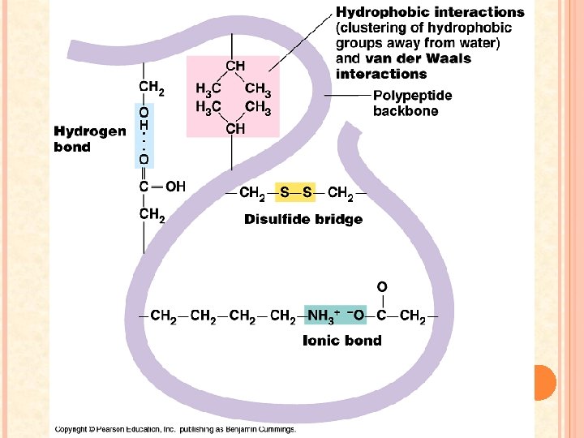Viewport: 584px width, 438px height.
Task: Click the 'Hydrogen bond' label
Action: pyautogui.click(x=89, y=139)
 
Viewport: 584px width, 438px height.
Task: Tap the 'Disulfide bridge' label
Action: pyautogui.click(x=303, y=220)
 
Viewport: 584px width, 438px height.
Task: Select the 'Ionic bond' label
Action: pyautogui.click(x=341, y=341)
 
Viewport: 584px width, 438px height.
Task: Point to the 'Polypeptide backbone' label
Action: pyautogui.click(x=412, y=103)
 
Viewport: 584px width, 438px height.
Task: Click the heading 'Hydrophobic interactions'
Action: pyautogui.click(x=430, y=12)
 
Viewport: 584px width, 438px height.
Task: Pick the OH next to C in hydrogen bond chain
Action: pyautogui.click(x=175, y=187)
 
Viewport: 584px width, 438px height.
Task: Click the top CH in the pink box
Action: pyautogui.click(x=235, y=66)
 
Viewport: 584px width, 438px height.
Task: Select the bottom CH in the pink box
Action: pyautogui.click(x=235, y=129)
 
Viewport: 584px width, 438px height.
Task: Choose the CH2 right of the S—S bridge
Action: pyautogui.click(x=340, y=194)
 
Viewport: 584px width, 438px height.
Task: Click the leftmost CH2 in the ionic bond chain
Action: pyautogui.click(x=165, y=316)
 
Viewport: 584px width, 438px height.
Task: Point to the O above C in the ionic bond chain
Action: pyautogui.click(x=381, y=286)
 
